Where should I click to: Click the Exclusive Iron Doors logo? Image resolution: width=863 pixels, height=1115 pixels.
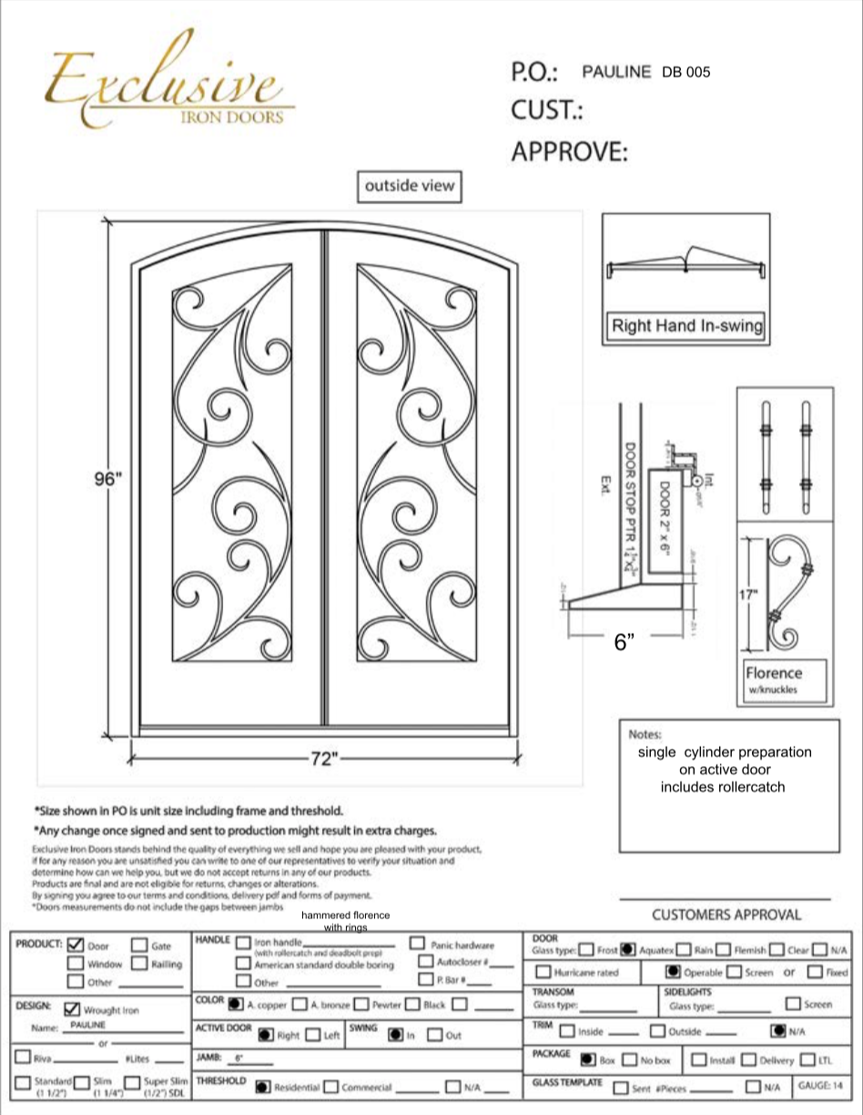click(169, 87)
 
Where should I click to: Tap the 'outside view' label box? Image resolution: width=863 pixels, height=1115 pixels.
click(409, 186)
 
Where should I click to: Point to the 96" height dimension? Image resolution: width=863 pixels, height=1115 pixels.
click(107, 480)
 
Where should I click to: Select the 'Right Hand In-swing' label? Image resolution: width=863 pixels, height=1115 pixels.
click(686, 325)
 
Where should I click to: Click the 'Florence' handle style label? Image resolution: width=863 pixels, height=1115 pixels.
click(774, 673)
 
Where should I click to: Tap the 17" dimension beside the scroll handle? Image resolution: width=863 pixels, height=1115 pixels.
click(747, 595)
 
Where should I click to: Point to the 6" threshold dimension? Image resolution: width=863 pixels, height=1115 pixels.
click(624, 641)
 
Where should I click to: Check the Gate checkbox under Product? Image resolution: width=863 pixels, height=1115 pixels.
click(139, 946)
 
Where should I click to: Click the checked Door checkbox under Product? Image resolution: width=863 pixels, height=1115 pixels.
click(76, 946)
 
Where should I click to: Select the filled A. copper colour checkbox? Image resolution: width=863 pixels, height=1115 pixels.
click(236, 1005)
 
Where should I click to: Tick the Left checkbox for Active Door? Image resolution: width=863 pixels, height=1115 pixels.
click(312, 1035)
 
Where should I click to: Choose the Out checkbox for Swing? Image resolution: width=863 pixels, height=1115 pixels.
click(434, 1035)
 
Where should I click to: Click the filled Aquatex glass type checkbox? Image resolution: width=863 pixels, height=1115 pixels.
click(627, 950)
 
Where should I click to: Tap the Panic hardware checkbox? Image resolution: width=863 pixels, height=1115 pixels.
click(418, 945)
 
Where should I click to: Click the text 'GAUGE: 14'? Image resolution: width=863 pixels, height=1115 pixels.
click(820, 1085)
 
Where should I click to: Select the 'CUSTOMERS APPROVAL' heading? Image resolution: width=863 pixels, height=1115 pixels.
click(726, 915)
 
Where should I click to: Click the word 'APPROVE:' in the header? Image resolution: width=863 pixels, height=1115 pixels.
click(569, 151)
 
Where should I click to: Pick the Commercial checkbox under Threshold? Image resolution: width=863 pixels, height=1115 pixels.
click(331, 1087)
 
